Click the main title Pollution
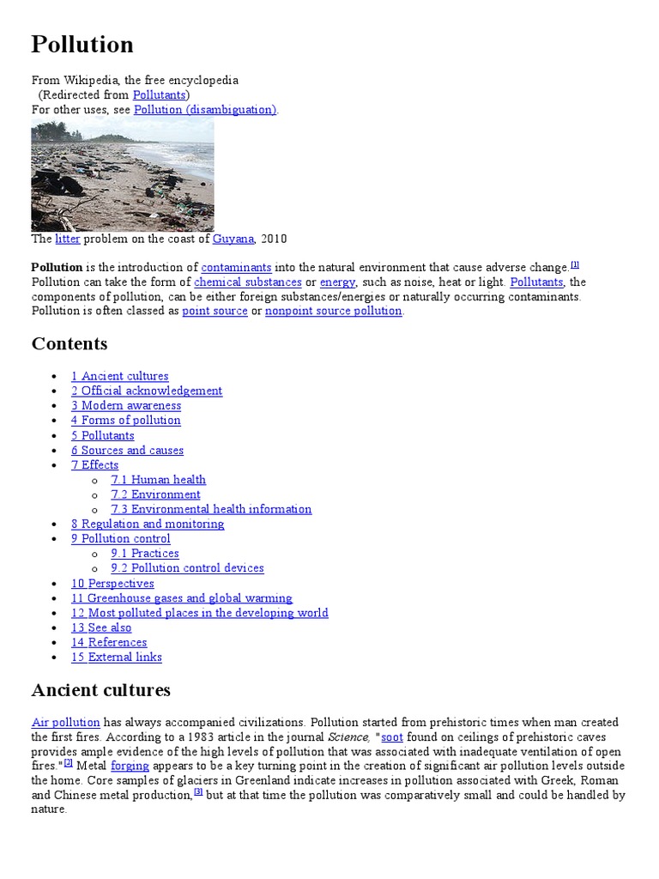pyautogui.click(x=82, y=45)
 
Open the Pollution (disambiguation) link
pyautogui.click(x=205, y=109)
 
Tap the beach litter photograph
pyautogui.click(x=123, y=175)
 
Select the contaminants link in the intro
pyautogui.click(x=236, y=267)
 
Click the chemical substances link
pyautogui.click(x=248, y=282)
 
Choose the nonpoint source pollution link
pyautogui.click(x=333, y=311)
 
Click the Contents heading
pyautogui.click(x=70, y=343)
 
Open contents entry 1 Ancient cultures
pyautogui.click(x=119, y=376)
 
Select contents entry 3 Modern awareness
pyautogui.click(x=126, y=405)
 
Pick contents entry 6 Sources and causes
pyautogui.click(x=127, y=450)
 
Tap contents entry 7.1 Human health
pyautogui.click(x=158, y=479)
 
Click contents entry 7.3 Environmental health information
pyautogui.click(x=211, y=509)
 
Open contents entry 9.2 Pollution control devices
pyautogui.click(x=187, y=567)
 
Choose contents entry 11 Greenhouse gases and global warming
pyautogui.click(x=181, y=597)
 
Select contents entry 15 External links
pyautogui.click(x=116, y=657)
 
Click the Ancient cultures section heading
pyautogui.click(x=100, y=690)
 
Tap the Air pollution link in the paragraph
pyautogui.click(x=66, y=723)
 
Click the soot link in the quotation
pyautogui.click(x=392, y=737)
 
